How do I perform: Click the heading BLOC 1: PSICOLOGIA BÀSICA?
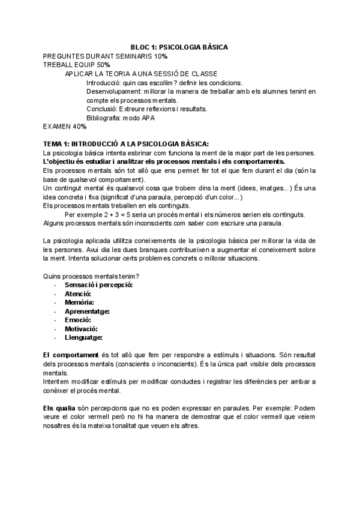180,46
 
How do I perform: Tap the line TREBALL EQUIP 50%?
77,64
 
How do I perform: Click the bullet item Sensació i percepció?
98,285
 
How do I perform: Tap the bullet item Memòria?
80,303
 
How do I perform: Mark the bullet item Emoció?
77,320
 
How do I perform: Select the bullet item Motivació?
81,329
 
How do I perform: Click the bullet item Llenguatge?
85,338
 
